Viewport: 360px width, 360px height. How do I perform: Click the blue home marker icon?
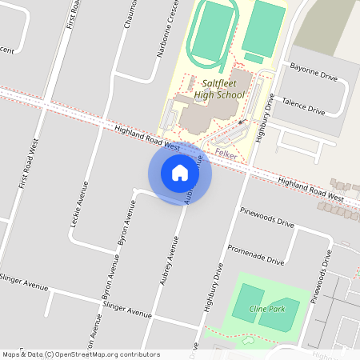coord(180,173)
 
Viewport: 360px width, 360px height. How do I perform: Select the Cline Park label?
coord(266,309)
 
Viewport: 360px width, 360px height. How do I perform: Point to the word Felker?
coord(226,154)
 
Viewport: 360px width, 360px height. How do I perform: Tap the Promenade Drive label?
coord(255,254)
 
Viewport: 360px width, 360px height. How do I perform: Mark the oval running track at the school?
coord(211,31)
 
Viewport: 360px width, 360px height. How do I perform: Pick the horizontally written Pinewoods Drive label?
coord(267,217)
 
